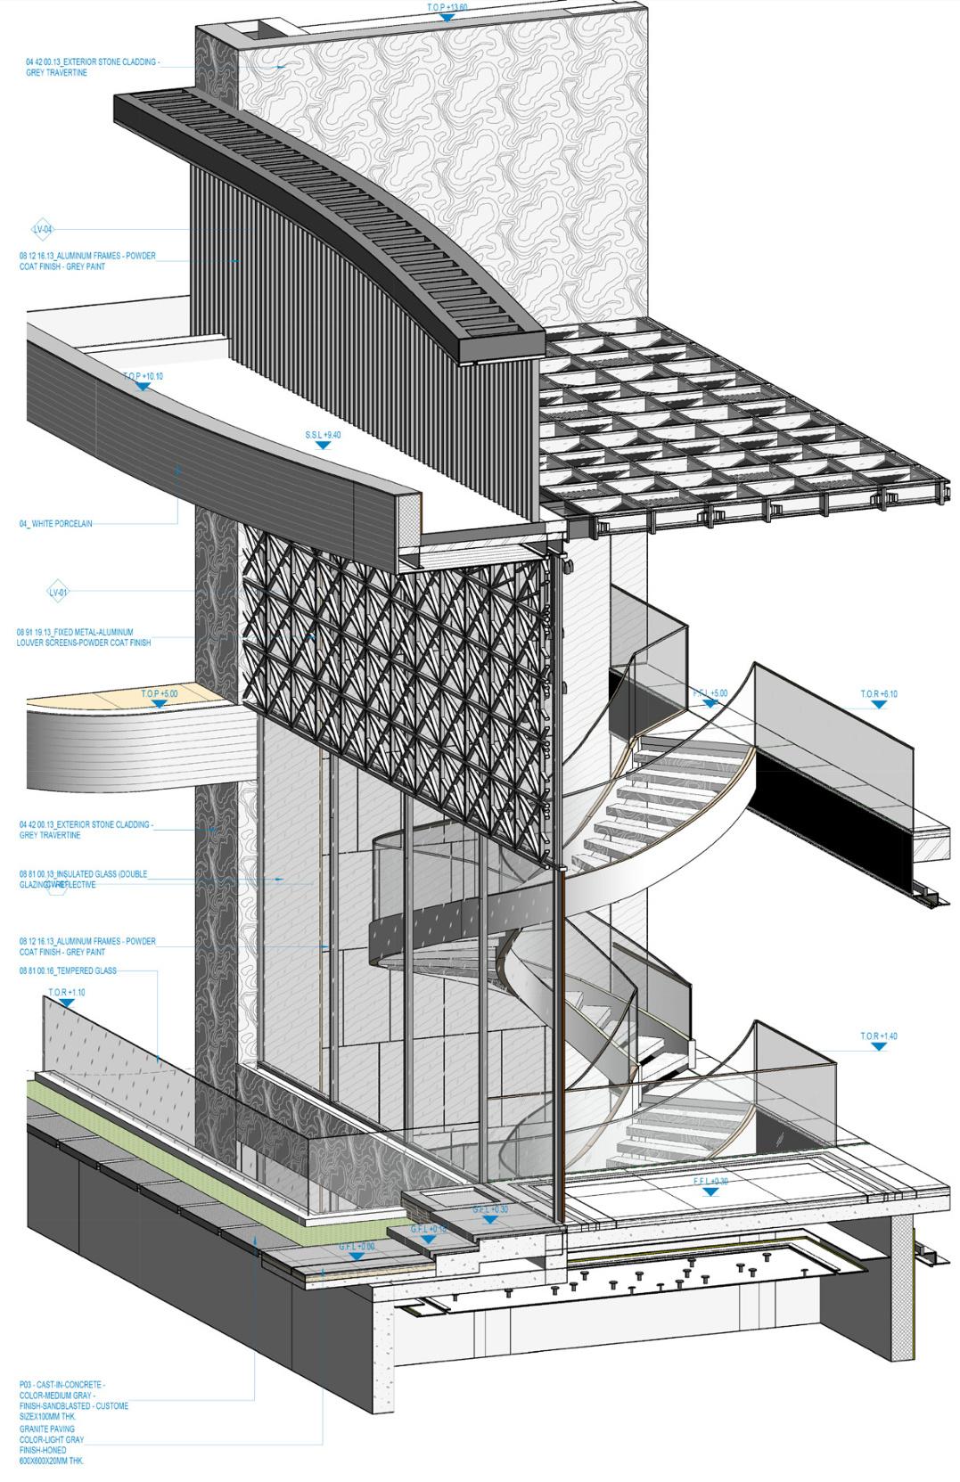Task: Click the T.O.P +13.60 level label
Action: [447, 7]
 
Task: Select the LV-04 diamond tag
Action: [43, 229]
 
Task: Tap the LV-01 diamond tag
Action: [58, 591]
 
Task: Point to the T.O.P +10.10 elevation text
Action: [143, 376]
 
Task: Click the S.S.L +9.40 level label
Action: [323, 435]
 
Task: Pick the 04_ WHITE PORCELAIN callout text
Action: [56, 524]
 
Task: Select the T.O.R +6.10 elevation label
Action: [878, 694]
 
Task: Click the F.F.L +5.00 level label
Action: [710, 693]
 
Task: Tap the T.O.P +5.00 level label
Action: [160, 693]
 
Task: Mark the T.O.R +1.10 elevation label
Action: [67, 992]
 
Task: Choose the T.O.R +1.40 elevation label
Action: [878, 1036]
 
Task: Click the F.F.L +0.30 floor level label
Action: [710, 1182]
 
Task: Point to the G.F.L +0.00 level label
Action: [356, 1247]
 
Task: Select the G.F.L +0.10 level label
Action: [428, 1229]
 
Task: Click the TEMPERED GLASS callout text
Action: [68, 970]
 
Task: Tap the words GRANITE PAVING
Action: [47, 1429]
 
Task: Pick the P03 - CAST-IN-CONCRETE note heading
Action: [62, 1384]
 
